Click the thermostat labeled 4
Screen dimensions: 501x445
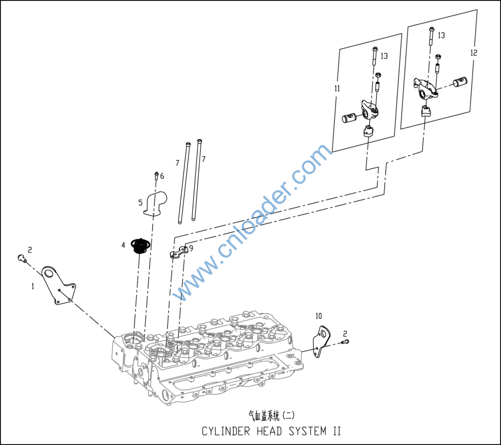click(x=139, y=246)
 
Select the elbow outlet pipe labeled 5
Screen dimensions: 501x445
click(x=155, y=204)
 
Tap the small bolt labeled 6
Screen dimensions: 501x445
click(x=157, y=175)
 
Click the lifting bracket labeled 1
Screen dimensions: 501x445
click(x=59, y=285)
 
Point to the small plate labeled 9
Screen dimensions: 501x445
click(x=179, y=252)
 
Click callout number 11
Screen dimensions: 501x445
click(x=337, y=88)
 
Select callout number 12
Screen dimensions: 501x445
click(x=474, y=52)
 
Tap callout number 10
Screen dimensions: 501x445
click(x=319, y=316)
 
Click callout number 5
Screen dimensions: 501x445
click(x=140, y=203)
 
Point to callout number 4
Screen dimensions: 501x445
click(x=123, y=245)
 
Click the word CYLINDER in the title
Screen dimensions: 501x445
click(x=226, y=431)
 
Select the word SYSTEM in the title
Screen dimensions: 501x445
click(x=308, y=431)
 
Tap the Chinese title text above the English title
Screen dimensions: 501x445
click(x=272, y=415)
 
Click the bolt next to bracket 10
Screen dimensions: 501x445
click(x=345, y=342)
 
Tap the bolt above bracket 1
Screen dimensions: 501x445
click(x=22, y=258)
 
